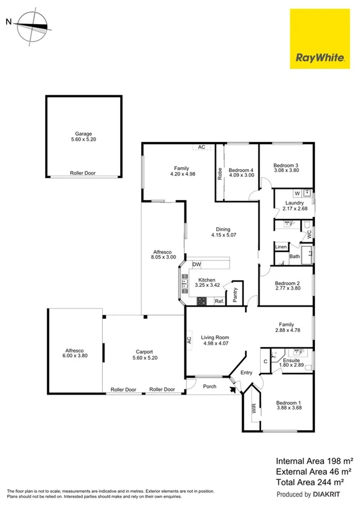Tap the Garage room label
point(84,134)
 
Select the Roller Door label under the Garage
point(84,173)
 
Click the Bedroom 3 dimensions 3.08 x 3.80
point(286,171)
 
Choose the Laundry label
point(294,203)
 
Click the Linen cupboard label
point(281,247)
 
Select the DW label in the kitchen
point(197,265)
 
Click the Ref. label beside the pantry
point(219,301)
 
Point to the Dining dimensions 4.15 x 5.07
point(223,235)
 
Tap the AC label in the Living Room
point(189,340)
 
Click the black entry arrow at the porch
point(233,389)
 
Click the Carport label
point(144,352)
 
